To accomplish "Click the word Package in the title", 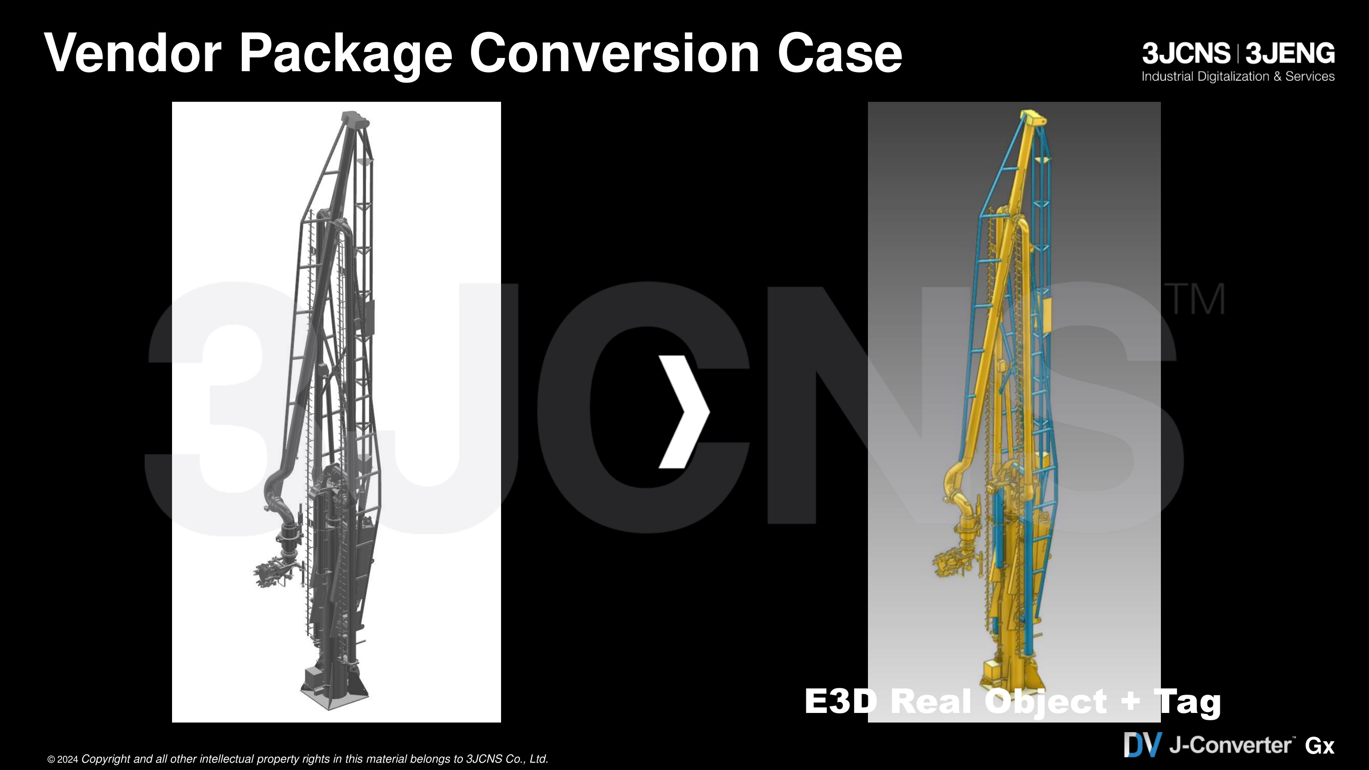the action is point(346,54).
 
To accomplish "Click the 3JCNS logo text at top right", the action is point(1186,54).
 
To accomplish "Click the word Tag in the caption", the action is point(1188,703).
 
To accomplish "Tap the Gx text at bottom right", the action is point(1320,746).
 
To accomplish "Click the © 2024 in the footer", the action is point(63,760).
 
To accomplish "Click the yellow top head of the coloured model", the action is point(1033,117).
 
